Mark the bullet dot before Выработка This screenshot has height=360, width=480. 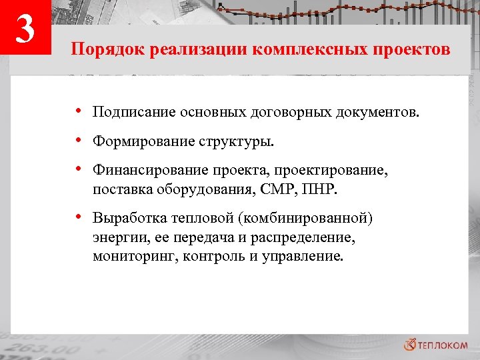(x=79, y=217)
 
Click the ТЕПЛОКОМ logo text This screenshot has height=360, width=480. (x=443, y=344)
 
